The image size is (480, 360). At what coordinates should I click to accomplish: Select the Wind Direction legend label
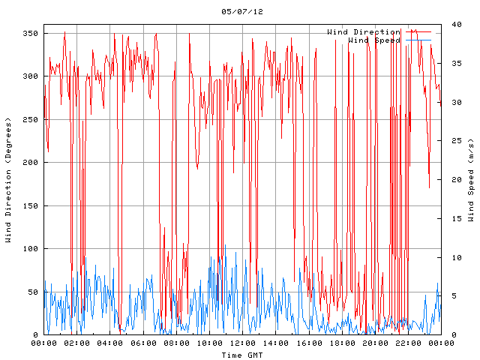[x=363, y=32]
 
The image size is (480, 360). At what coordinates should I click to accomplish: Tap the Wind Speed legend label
[x=374, y=40]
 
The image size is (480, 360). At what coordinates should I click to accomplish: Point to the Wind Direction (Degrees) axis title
[x=8, y=180]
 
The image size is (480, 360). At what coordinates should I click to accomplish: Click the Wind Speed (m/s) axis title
[x=471, y=180]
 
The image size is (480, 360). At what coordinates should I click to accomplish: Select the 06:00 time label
[x=143, y=343]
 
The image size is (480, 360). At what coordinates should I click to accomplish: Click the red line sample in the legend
[x=420, y=32]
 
